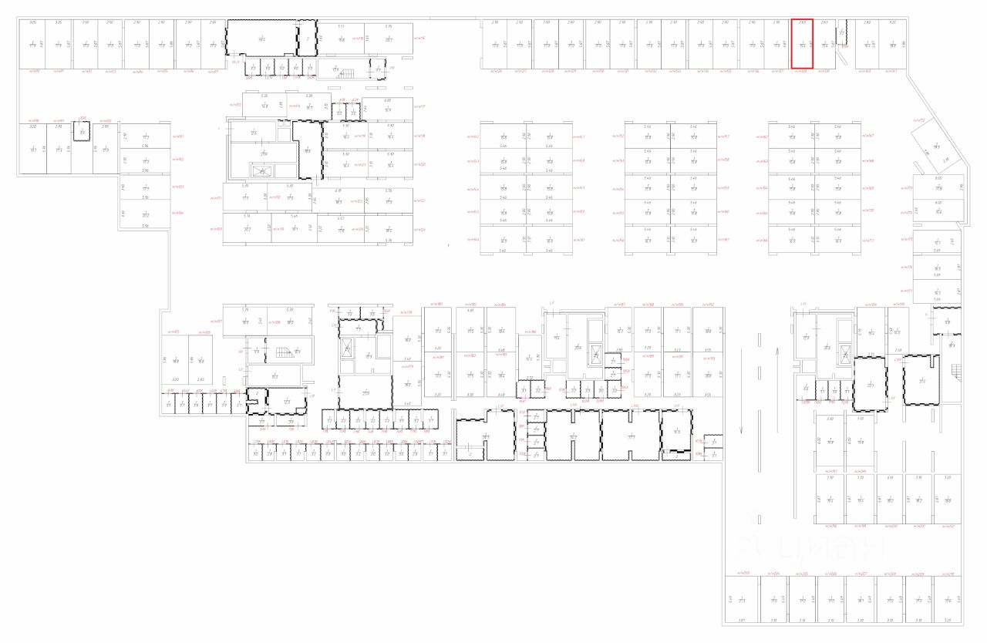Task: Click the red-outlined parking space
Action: coord(803,45)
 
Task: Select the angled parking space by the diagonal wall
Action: coord(935,146)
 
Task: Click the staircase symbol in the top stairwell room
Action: coord(344,74)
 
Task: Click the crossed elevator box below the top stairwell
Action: coord(263,170)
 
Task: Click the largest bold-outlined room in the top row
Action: coord(261,38)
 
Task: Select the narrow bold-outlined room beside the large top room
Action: coord(308,38)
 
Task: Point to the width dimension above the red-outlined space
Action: coord(803,22)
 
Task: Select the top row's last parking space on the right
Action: coord(893,45)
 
